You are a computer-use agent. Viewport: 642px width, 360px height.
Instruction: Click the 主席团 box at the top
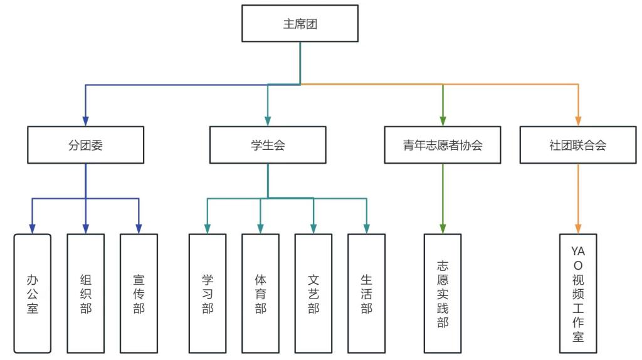(300, 24)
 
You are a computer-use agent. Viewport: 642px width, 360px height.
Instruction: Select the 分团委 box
(85, 145)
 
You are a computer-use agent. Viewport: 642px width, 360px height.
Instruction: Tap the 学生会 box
(268, 145)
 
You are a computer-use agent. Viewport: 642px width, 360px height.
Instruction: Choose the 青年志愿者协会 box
(443, 145)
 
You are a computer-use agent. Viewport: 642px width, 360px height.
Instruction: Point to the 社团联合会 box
(577, 145)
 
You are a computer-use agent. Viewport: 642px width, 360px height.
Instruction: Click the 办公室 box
(33, 293)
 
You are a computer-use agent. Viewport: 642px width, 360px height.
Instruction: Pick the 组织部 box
(86, 293)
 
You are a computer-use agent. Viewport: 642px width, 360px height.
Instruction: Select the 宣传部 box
(139, 293)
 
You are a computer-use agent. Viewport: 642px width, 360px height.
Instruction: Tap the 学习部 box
(208, 293)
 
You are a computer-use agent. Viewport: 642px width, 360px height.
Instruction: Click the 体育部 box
(260, 293)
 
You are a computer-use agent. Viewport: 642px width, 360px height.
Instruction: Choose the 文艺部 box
(313, 293)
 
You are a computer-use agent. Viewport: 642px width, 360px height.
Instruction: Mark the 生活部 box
(367, 293)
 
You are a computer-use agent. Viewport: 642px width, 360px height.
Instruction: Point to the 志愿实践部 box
(443, 293)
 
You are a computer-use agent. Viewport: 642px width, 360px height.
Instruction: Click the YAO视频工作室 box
(578, 293)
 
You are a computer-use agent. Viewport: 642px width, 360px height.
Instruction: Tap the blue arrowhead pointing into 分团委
(85, 121)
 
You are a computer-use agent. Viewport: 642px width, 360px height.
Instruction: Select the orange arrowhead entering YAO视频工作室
(578, 228)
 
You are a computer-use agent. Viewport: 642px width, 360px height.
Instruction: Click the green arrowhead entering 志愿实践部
(443, 228)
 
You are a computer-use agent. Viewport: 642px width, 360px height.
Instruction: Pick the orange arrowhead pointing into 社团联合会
(578, 121)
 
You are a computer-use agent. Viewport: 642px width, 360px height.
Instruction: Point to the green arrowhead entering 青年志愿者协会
(443, 121)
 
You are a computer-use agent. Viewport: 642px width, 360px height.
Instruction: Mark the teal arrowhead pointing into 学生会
(268, 121)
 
